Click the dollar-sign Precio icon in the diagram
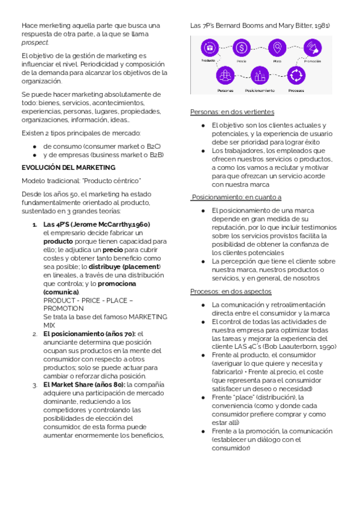241,47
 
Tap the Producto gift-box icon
209,47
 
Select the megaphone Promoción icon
312,47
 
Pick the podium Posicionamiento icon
260,76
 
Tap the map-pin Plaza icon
277,47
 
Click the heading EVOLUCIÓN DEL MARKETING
68,167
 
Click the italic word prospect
35,43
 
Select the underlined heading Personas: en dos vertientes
232,112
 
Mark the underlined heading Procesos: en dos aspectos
230,291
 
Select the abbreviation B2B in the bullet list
156,155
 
